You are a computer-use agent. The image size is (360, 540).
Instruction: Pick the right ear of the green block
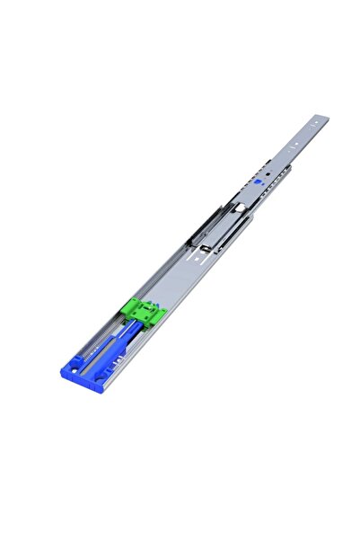[162, 314]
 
